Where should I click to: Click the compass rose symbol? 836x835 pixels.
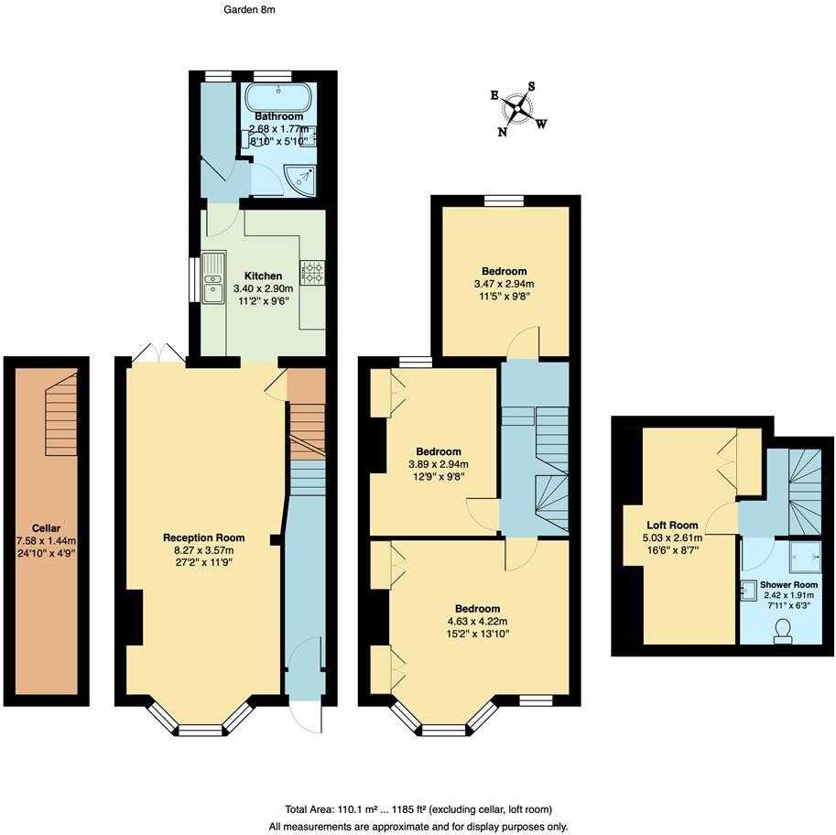coord(519,110)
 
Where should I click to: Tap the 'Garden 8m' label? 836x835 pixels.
coord(249,9)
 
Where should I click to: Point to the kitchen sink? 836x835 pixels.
coord(213,277)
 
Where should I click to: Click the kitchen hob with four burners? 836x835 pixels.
coord(312,273)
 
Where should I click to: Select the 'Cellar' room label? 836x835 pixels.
coord(46,528)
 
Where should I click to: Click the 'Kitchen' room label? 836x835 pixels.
coord(263,276)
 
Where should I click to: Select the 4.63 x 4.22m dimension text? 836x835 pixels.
coord(477,622)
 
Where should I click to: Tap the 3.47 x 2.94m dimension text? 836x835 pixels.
coord(505,284)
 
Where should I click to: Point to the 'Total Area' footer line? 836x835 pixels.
coord(418,809)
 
